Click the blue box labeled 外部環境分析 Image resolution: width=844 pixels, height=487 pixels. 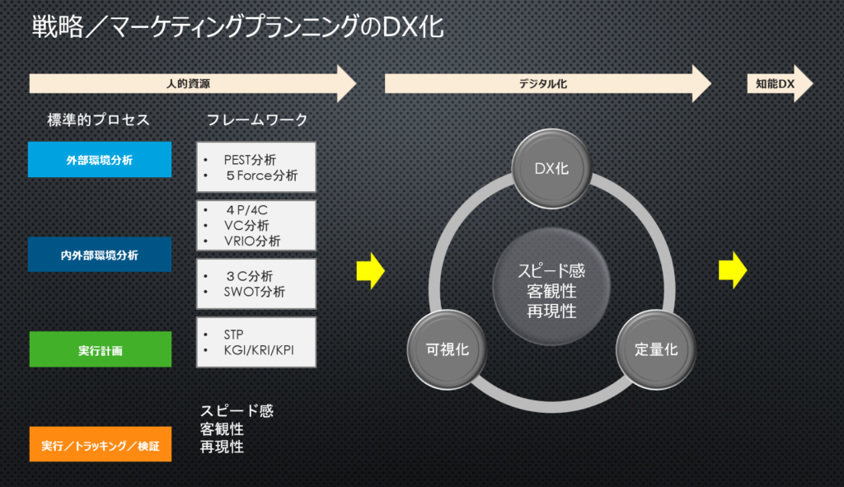pyautogui.click(x=99, y=160)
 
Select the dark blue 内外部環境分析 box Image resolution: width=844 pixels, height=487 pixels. pyautogui.click(x=99, y=255)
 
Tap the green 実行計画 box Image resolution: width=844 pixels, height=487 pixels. pyautogui.click(x=99, y=349)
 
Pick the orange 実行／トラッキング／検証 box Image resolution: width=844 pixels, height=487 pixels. pyautogui.click(x=99, y=445)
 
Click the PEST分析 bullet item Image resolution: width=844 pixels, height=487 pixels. pyautogui.click(x=249, y=160)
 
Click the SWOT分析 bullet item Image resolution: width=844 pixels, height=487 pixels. pyautogui.click(x=254, y=291)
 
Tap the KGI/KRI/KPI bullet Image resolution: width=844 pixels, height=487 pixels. pyautogui.click(x=258, y=350)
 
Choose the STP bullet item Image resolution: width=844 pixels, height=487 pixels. pyautogui.click(x=234, y=335)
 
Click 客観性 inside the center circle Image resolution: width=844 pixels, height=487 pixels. pyautogui.click(x=551, y=291)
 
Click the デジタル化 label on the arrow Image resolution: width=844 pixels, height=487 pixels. pyautogui.click(x=543, y=83)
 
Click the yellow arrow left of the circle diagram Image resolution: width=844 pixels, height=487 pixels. pyautogui.click(x=371, y=270)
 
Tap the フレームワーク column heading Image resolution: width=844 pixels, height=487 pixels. pyautogui.click(x=256, y=120)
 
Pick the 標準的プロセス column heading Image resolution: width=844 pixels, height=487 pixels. pyautogui.click(x=99, y=120)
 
